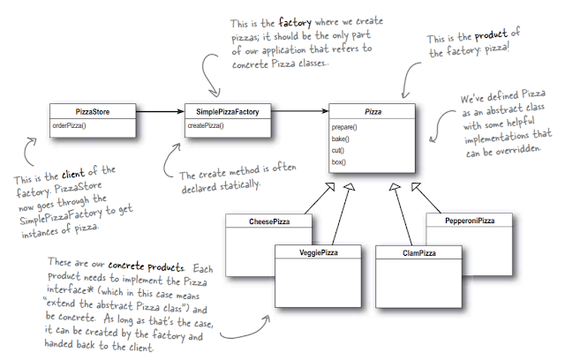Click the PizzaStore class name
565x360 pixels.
click(92, 112)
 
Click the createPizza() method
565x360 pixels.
click(204, 127)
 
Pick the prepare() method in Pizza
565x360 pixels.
click(346, 129)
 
